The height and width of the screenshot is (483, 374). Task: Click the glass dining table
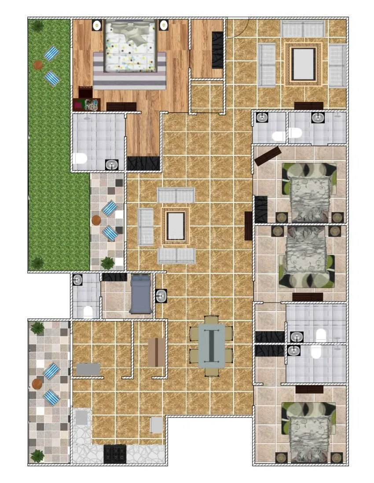[212, 346]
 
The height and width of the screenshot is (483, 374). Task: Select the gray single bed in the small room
[141, 294]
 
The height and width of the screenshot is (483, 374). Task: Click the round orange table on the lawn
[38, 65]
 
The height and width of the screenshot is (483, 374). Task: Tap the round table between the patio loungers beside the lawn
[97, 220]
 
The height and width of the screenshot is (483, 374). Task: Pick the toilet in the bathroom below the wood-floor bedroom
[80, 159]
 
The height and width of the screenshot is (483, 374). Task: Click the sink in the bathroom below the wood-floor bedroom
[112, 165]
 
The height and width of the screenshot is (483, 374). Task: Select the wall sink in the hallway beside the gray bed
[161, 296]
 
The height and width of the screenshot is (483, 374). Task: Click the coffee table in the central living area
[176, 226]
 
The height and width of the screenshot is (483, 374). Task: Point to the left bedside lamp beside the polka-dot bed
[97, 25]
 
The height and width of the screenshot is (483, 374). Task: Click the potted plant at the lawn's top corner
[37, 26]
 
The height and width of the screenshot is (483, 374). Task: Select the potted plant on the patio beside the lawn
[107, 263]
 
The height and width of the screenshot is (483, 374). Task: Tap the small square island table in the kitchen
[157, 425]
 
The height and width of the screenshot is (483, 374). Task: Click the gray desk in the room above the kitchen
[88, 369]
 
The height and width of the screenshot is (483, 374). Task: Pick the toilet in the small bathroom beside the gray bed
[88, 311]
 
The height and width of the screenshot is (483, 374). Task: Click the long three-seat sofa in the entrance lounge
[303, 29]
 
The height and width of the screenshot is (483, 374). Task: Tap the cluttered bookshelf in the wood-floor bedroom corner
[87, 105]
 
